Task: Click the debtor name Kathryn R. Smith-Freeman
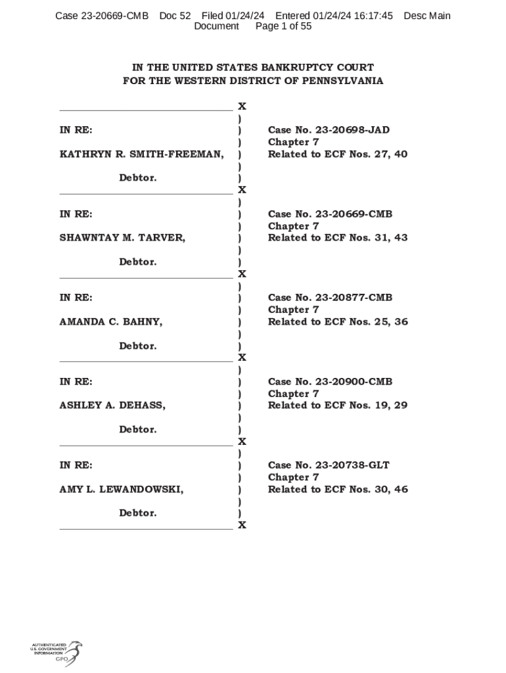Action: click(141, 154)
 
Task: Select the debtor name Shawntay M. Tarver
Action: click(122, 238)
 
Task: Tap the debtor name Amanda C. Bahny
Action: click(111, 322)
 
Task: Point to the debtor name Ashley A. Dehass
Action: click(112, 406)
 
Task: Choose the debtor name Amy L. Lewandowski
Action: click(122, 490)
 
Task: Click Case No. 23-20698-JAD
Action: click(329, 130)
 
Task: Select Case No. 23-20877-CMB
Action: click(330, 298)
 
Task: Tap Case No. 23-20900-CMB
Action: click(330, 382)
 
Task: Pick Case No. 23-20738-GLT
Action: click(329, 465)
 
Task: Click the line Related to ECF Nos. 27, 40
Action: click(338, 154)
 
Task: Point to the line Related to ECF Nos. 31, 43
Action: click(338, 238)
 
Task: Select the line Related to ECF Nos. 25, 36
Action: click(338, 322)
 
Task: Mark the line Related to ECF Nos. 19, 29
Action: click(338, 406)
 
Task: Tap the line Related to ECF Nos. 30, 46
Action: click(338, 490)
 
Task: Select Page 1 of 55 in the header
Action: click(283, 26)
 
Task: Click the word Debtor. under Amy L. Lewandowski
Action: click(138, 513)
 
